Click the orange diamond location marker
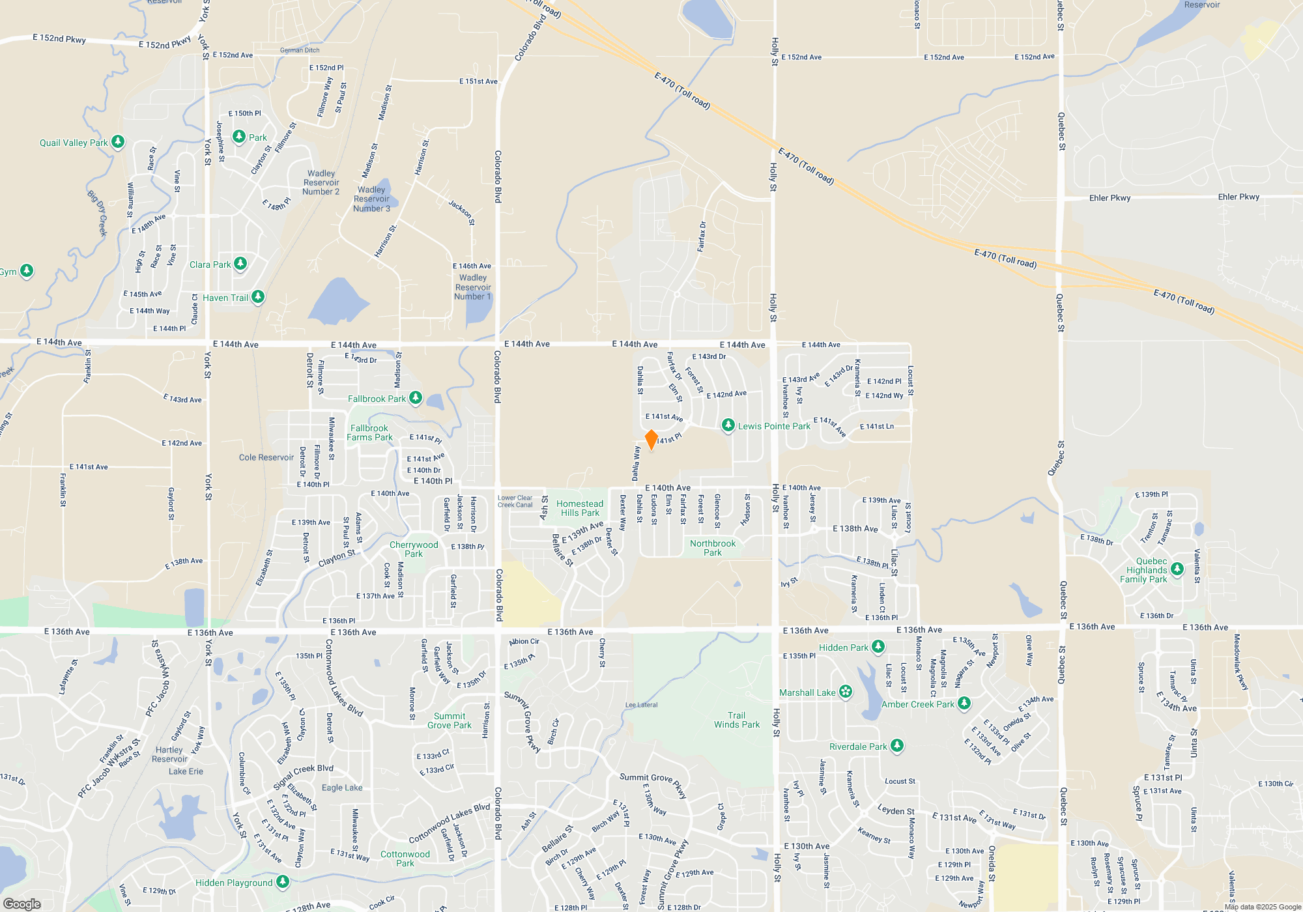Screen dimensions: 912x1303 651,440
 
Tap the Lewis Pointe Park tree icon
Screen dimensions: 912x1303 728,425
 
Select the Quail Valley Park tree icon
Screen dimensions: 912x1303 118,141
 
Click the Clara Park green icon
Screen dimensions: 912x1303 240,263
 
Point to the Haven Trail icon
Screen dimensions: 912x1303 258,296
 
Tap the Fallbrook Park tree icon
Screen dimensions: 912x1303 415,397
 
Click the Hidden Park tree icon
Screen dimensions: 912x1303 878,646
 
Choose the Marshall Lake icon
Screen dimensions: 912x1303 846,692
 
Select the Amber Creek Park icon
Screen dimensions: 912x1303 964,703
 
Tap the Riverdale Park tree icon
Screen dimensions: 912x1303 897,745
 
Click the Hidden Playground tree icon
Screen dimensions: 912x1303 283,881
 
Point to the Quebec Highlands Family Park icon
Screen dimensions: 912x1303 1177,569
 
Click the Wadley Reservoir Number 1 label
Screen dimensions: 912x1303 473,287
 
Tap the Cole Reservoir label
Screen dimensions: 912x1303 266,457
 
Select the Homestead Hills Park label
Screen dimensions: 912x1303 580,508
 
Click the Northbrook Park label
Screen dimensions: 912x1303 713,548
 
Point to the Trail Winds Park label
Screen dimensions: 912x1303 737,720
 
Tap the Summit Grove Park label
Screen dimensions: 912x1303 450,720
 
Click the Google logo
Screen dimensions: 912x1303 21,904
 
